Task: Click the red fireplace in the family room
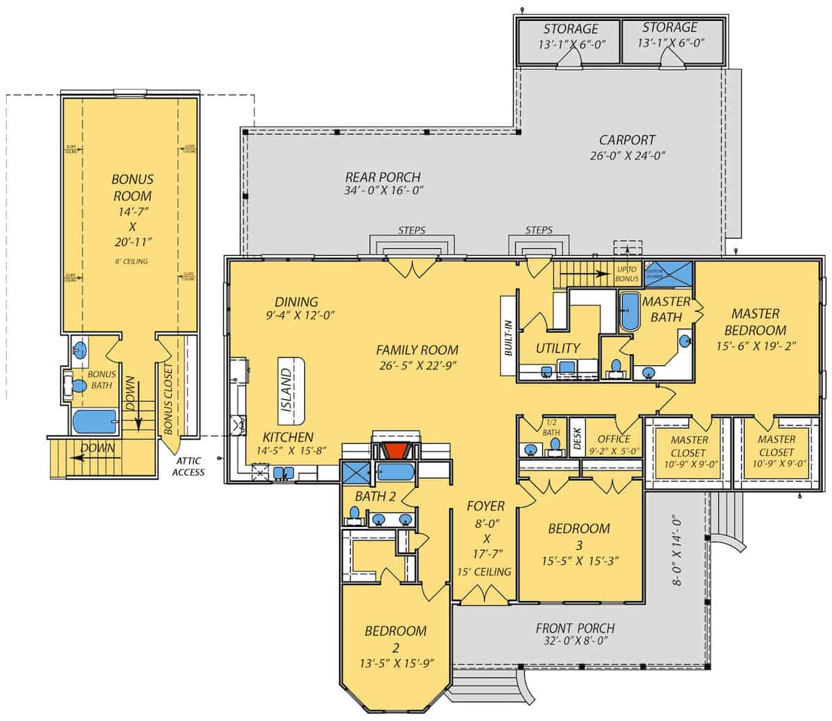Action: click(395, 451)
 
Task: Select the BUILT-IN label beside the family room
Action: click(508, 337)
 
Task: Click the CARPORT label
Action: click(627, 140)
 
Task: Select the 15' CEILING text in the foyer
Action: click(484, 572)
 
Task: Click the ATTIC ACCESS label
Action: click(189, 467)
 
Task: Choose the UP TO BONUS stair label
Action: click(626, 273)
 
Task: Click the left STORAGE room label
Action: click(570, 28)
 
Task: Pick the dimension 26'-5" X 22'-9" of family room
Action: click(417, 366)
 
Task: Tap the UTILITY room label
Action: click(557, 348)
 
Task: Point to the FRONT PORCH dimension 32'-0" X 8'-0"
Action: click(575, 642)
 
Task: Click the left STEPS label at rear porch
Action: click(412, 230)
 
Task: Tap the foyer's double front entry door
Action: click(483, 594)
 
